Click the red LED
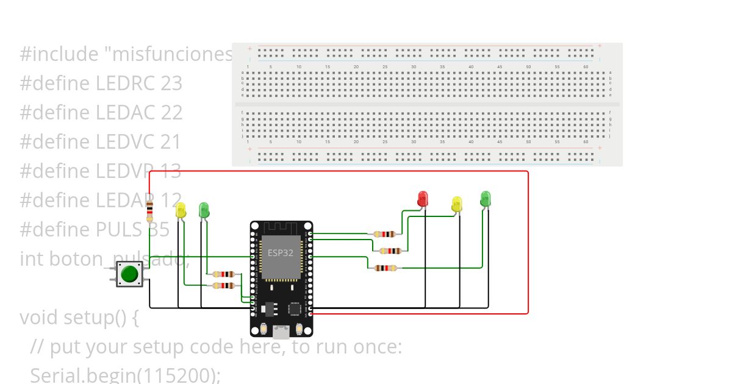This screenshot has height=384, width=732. [x=422, y=199]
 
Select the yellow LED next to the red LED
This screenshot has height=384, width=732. [x=457, y=204]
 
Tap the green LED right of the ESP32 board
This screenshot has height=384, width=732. [x=486, y=198]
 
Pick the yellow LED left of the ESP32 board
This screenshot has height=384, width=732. [x=181, y=210]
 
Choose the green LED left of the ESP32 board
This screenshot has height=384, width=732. [x=204, y=210]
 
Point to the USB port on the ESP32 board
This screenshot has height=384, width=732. [x=281, y=332]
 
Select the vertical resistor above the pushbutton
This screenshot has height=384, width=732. [x=149, y=213]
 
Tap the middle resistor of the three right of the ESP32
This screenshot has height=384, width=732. [x=390, y=251]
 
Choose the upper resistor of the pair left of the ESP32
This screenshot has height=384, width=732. [x=224, y=274]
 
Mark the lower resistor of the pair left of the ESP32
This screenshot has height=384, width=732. [x=224, y=285]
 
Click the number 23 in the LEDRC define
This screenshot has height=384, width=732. [x=171, y=84]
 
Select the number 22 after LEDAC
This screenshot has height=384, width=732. [x=171, y=113]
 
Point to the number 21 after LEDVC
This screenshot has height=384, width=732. [x=170, y=142]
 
